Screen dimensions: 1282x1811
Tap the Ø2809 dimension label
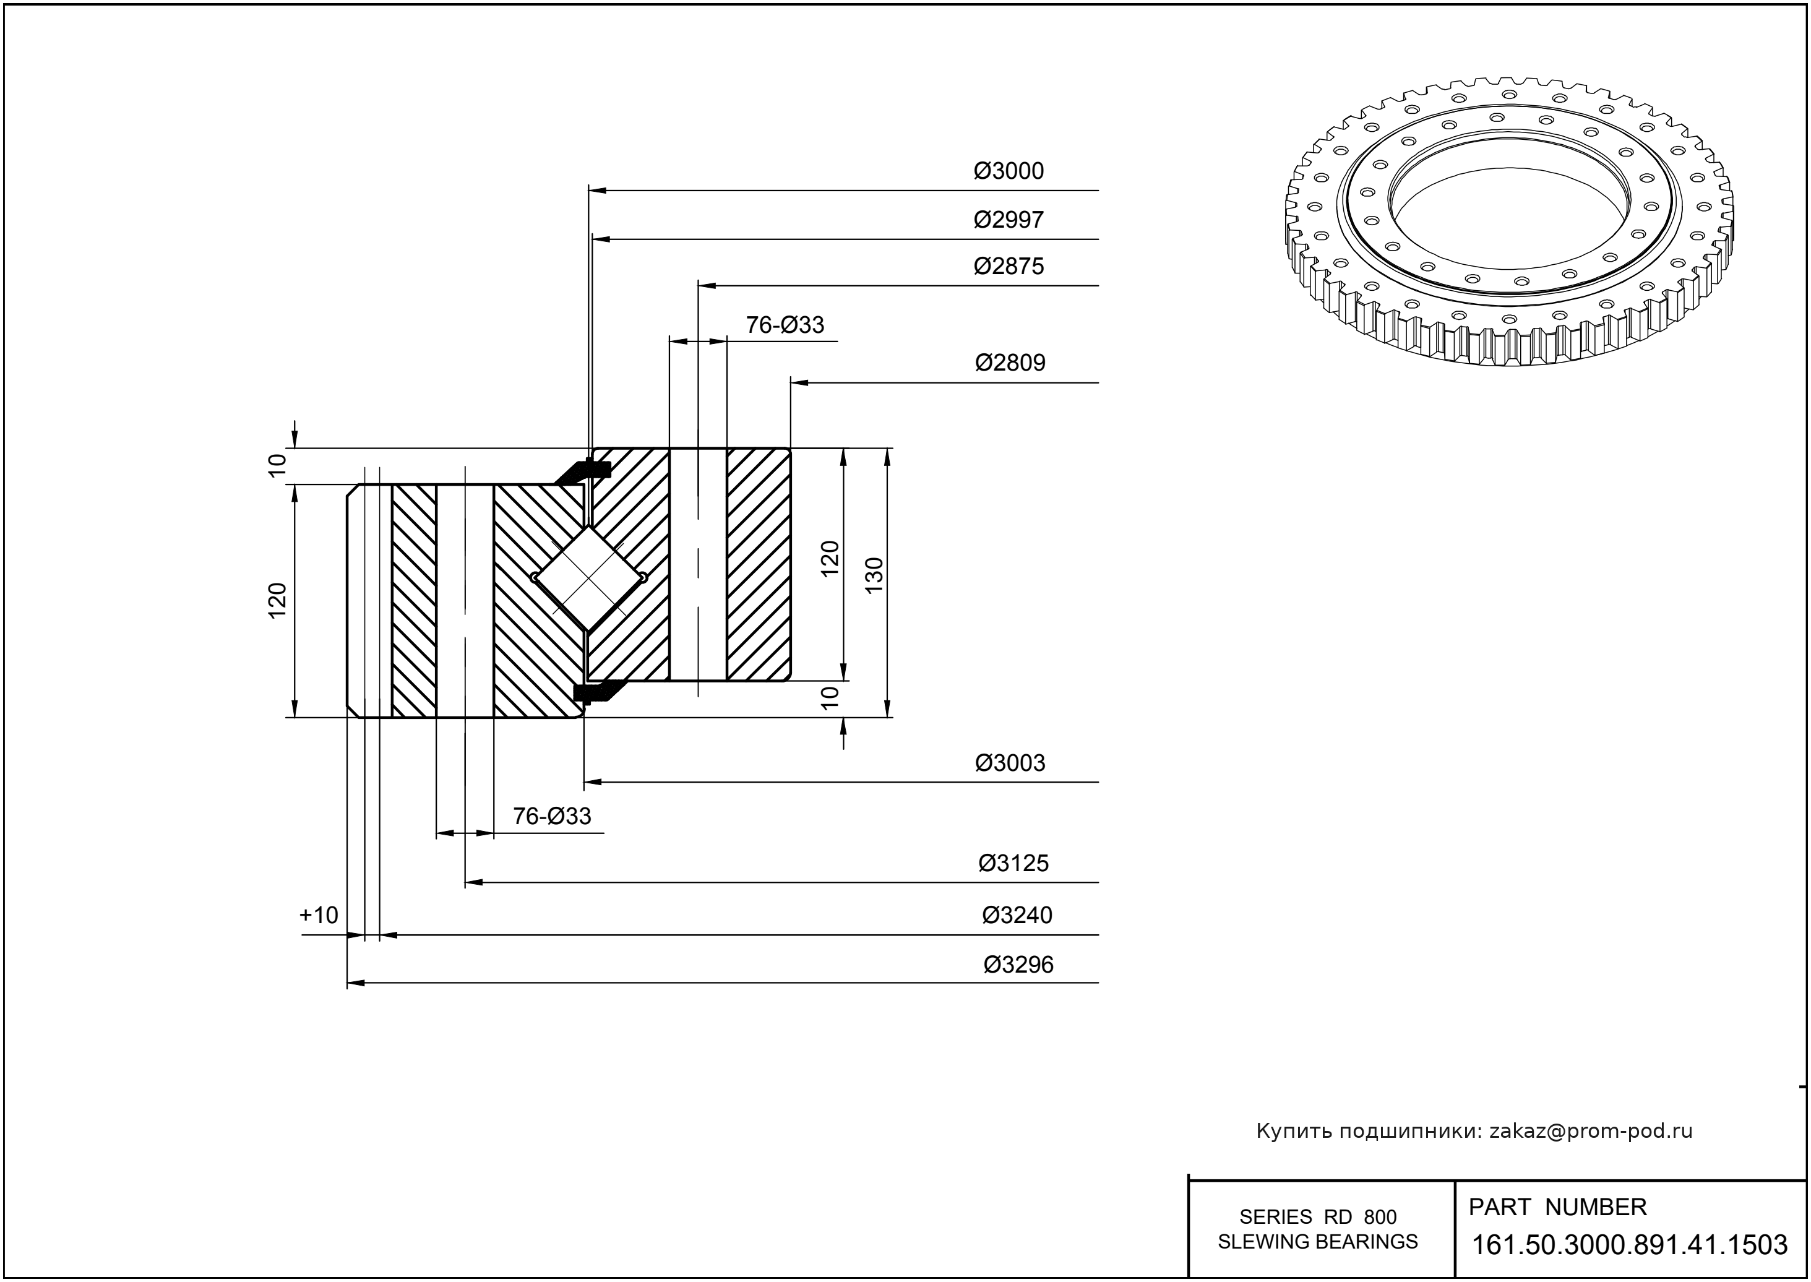1010,363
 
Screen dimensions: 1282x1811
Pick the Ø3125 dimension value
1013,864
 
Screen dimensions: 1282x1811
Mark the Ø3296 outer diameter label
1018,965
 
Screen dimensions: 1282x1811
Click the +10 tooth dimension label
318,916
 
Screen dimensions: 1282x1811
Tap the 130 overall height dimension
874,575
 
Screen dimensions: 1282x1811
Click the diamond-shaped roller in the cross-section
589,579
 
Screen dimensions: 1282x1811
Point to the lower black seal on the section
598,692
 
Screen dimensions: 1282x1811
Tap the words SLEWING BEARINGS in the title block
1318,1242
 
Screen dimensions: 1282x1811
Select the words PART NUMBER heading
1557,1207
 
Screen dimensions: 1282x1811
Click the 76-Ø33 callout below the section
552,816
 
